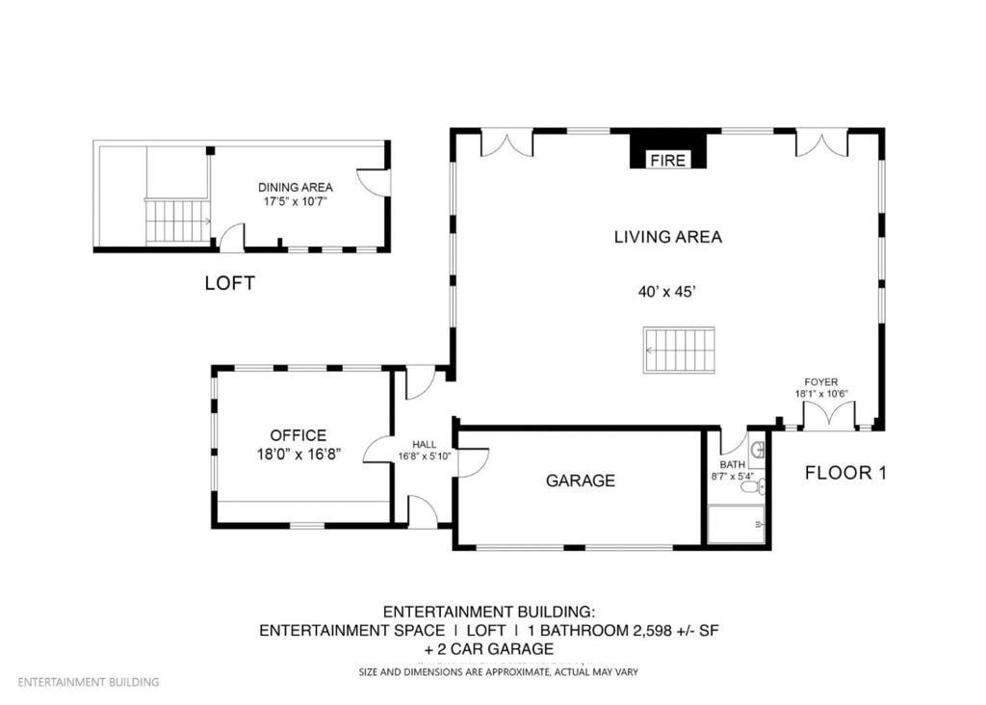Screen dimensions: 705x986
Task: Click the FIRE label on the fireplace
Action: [667, 161]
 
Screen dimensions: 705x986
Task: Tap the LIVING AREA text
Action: [667, 236]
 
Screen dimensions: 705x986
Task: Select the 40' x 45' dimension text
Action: [667, 290]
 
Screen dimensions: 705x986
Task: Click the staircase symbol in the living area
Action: [680, 351]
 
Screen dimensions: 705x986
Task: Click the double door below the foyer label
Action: [828, 416]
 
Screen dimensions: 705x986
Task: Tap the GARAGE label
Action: [580, 481]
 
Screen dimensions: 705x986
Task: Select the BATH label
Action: [731, 464]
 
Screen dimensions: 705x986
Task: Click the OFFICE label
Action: [298, 435]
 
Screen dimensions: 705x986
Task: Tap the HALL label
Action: [424, 444]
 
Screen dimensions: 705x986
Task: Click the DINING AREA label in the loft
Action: [295, 187]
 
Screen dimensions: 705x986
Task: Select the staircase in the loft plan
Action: [176, 222]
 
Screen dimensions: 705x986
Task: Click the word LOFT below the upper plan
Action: [230, 284]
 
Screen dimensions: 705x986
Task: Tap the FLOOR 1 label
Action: [845, 473]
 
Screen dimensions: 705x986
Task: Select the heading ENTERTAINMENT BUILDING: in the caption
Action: [489, 613]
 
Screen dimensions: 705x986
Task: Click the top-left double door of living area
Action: [506, 144]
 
